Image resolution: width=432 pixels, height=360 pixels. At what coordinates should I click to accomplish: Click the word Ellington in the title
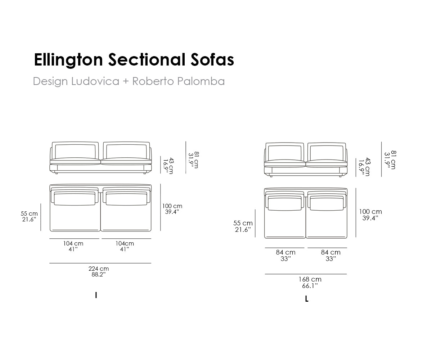[x=68, y=60]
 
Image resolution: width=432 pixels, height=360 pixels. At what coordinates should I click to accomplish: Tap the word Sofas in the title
[x=212, y=60]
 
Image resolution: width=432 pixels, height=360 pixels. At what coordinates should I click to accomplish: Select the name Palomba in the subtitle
[x=201, y=81]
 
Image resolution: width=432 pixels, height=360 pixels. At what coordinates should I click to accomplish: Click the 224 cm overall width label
[x=99, y=269]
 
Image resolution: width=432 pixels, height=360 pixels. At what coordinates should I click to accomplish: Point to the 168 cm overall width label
[x=310, y=279]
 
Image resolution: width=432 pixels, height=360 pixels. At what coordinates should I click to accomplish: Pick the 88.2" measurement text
[x=99, y=274]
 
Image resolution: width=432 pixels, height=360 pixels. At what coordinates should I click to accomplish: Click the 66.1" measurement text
[x=310, y=286]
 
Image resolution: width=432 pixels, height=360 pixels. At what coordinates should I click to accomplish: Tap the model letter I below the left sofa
[x=96, y=295]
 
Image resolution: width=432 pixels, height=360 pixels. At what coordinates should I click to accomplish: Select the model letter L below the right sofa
[x=307, y=299]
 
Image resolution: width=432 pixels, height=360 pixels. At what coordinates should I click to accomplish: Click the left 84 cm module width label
[x=285, y=252]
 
